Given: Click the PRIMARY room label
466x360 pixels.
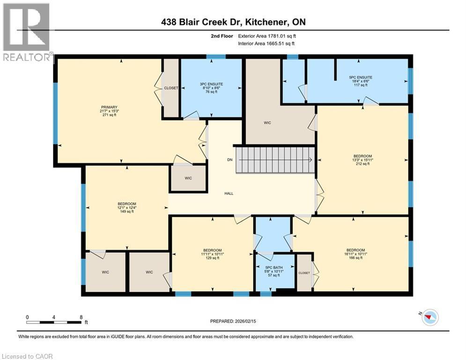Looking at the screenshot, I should point(109,107).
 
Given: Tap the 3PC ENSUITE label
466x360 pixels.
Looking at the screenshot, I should point(211,84).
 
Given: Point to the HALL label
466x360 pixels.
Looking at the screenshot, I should point(229,193).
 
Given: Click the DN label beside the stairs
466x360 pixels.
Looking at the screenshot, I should point(229,160).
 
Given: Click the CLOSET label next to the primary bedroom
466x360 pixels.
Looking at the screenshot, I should point(170,88).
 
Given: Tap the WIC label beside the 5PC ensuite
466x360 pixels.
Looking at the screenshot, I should point(267,123).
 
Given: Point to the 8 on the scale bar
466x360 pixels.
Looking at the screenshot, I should point(81,317).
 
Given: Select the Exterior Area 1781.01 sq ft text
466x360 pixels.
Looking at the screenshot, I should point(266,36).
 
